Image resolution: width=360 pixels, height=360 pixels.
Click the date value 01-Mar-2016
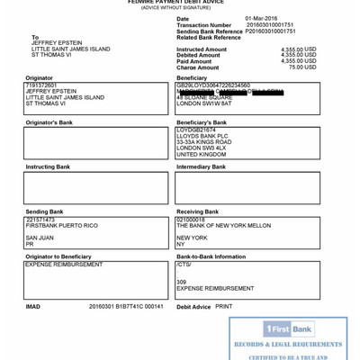[261, 18]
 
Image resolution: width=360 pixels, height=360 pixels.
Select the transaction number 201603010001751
[269, 24]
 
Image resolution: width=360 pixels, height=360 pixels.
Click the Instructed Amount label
[202, 49]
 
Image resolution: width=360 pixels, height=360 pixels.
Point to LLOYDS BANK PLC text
[202, 136]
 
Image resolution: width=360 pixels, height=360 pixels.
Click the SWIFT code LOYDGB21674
[196, 130]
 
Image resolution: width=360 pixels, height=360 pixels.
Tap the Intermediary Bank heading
[201, 166]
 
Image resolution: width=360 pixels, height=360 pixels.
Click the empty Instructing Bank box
[95, 187]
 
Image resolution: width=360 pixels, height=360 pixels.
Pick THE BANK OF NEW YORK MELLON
[223, 225]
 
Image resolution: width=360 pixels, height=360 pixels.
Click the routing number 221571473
[40, 220]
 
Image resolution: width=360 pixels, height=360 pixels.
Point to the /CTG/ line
[184, 265]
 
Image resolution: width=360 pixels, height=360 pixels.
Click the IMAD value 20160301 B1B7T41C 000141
[126, 306]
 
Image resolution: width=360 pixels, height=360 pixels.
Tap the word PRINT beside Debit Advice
[223, 306]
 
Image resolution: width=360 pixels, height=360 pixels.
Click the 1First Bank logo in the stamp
[288, 329]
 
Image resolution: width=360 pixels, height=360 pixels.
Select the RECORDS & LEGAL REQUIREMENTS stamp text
[288, 345]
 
